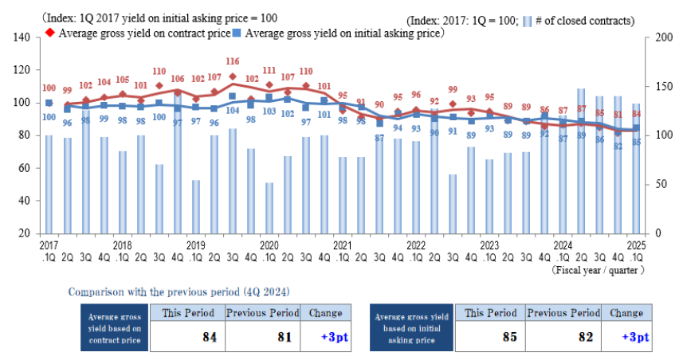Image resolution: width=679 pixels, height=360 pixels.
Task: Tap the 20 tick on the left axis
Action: (x=24, y=233)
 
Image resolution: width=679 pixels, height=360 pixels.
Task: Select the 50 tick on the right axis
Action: (x=660, y=184)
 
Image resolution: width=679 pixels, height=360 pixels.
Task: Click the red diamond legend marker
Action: (x=49, y=33)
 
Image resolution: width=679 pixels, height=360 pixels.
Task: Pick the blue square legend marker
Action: (x=237, y=33)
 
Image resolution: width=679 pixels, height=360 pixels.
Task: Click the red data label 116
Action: (x=233, y=61)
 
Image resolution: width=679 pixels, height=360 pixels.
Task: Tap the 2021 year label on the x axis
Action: (x=342, y=246)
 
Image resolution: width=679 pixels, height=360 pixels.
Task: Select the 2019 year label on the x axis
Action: (x=195, y=246)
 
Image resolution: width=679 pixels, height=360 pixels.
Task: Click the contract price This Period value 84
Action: (x=210, y=337)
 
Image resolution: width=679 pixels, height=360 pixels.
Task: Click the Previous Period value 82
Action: (x=586, y=337)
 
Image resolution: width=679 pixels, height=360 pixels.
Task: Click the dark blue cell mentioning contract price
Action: (x=115, y=327)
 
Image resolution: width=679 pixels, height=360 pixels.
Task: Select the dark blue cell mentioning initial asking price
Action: (x=412, y=327)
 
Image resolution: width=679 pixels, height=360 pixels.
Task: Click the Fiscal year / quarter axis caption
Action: (x=597, y=270)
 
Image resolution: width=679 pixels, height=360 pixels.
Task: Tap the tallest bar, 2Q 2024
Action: (x=581, y=159)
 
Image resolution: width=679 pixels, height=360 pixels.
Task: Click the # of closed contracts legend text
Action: (x=586, y=20)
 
